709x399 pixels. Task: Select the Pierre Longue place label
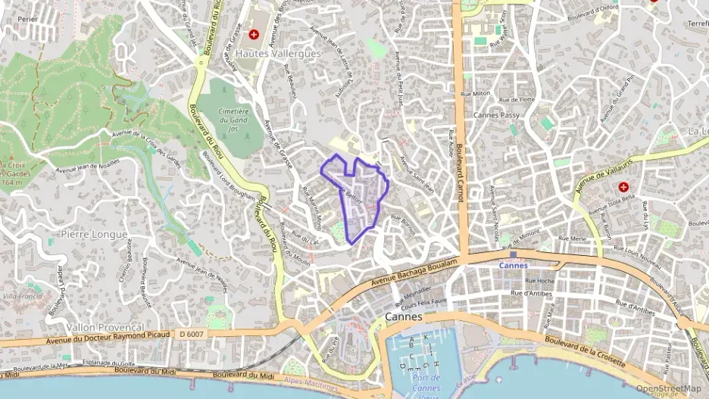(94, 234)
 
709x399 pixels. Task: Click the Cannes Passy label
(496, 115)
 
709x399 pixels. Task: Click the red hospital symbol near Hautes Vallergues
(254, 35)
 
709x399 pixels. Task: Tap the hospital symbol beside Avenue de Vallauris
(623, 187)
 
